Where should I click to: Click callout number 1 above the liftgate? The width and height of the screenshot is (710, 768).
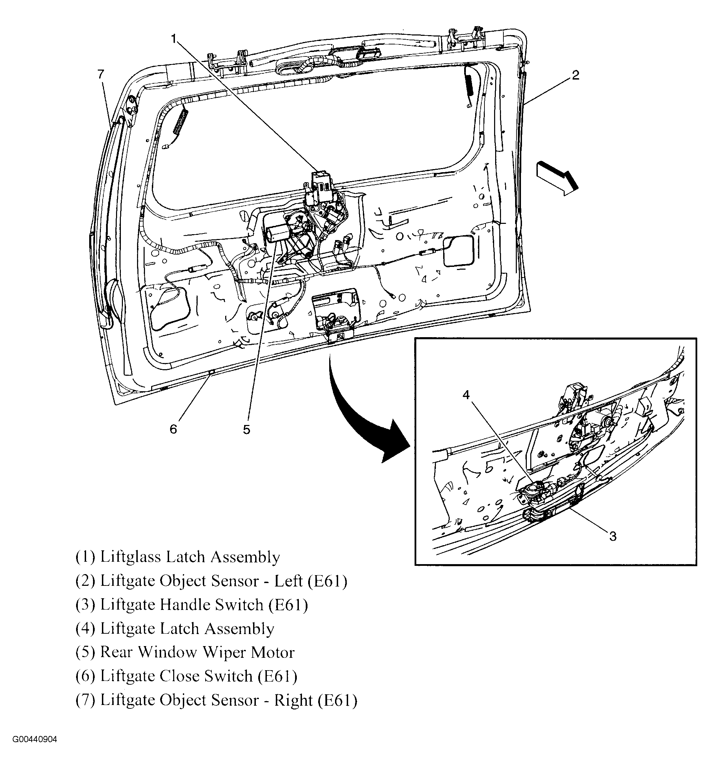[174, 39]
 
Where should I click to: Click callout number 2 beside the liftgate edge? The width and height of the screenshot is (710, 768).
[575, 75]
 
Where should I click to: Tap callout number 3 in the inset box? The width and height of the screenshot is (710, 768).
[613, 536]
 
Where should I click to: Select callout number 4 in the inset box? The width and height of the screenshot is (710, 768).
[466, 395]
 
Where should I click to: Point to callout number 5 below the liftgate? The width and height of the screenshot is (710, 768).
[246, 429]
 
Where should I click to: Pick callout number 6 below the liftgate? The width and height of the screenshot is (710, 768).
[173, 429]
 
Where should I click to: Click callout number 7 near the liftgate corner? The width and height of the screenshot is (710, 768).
[101, 74]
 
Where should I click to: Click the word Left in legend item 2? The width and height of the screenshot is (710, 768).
[288, 581]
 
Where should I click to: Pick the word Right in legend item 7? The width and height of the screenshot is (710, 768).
[293, 700]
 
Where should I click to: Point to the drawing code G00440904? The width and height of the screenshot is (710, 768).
[34, 750]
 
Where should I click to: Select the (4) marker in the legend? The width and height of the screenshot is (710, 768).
[85, 629]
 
